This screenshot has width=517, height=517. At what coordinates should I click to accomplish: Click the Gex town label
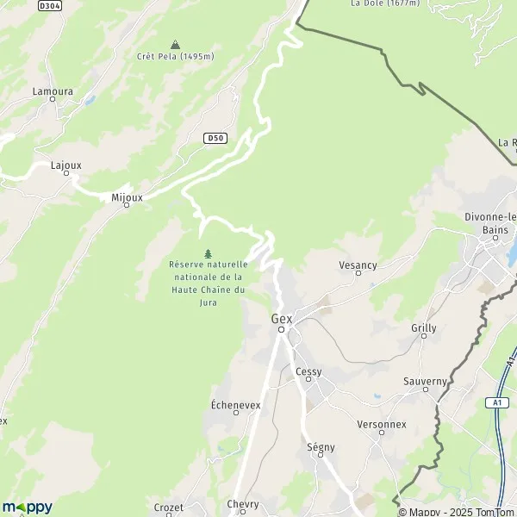pos(282,318)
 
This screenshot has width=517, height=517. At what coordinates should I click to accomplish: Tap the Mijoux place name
pos(126,196)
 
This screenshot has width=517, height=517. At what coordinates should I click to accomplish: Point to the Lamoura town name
pos(52,90)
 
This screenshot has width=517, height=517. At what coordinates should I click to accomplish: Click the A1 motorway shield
pos(497,402)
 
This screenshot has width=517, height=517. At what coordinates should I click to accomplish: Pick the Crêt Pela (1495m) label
pos(175,57)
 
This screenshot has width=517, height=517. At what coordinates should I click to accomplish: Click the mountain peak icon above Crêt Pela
pos(175,44)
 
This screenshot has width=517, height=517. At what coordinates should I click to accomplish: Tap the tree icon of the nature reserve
pos(208,253)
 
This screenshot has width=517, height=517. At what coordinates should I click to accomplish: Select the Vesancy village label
pos(358,265)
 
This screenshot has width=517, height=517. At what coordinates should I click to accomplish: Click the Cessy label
pos(308,372)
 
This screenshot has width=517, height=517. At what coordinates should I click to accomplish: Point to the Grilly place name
pos(424,328)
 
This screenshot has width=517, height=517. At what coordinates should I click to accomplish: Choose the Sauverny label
pos(425,381)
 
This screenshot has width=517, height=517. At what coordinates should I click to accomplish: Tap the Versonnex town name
pos(381,425)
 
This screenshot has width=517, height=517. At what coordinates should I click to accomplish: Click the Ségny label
pos(321,447)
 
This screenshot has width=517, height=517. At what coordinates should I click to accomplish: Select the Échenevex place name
pos(236,404)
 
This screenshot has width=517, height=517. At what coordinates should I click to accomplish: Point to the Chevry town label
pos(243,504)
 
